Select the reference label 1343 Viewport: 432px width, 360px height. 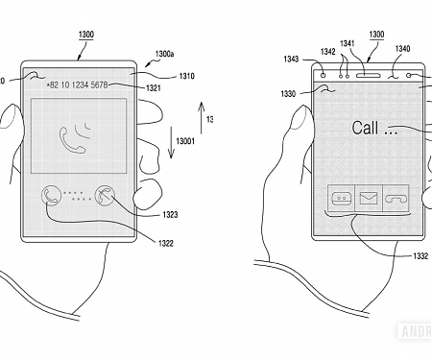(292, 59)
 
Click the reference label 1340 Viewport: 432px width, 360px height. (402, 49)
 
